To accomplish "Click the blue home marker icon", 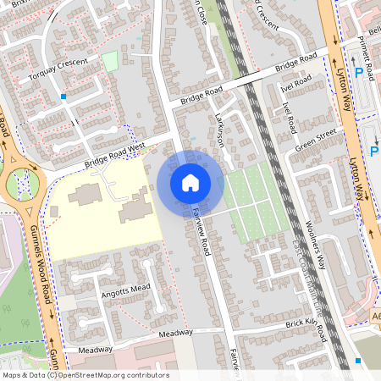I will (190, 183).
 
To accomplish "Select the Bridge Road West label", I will (114, 157).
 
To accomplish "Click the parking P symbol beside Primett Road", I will (359, 75).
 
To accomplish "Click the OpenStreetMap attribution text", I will (85, 375).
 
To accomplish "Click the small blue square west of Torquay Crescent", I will (63, 97).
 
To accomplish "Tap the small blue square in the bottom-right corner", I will (359, 361).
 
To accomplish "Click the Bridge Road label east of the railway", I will (295, 63).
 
